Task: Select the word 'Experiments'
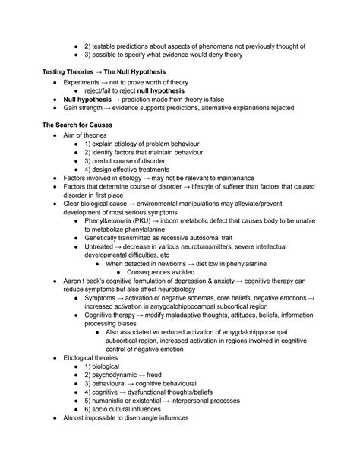coord(84,82)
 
